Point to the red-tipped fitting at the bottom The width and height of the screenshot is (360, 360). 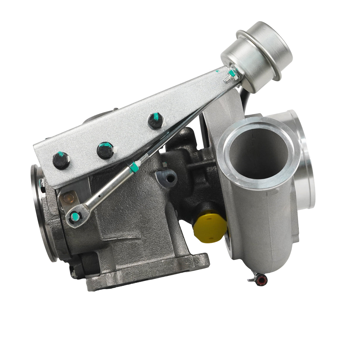pos(261,278)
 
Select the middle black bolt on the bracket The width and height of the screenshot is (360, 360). pos(105,150)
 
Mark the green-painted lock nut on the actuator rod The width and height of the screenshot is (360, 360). pos(134,167)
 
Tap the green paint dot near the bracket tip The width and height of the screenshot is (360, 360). pos(218,71)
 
